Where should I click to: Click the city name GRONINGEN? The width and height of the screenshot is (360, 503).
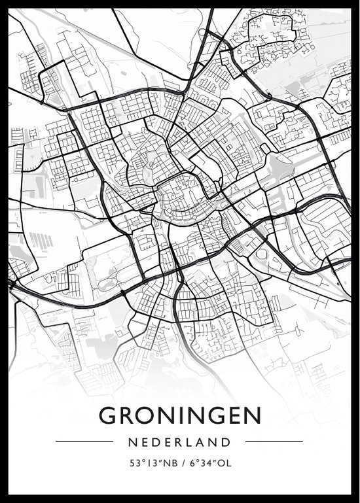pos(180,416)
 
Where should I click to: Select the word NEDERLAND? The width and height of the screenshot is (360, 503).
pos(179,442)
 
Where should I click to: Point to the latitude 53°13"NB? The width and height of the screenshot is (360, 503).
pos(151,464)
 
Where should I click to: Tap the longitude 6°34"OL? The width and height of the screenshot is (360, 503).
pos(207,464)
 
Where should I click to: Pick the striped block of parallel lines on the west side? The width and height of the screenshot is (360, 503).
pos(41,241)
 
